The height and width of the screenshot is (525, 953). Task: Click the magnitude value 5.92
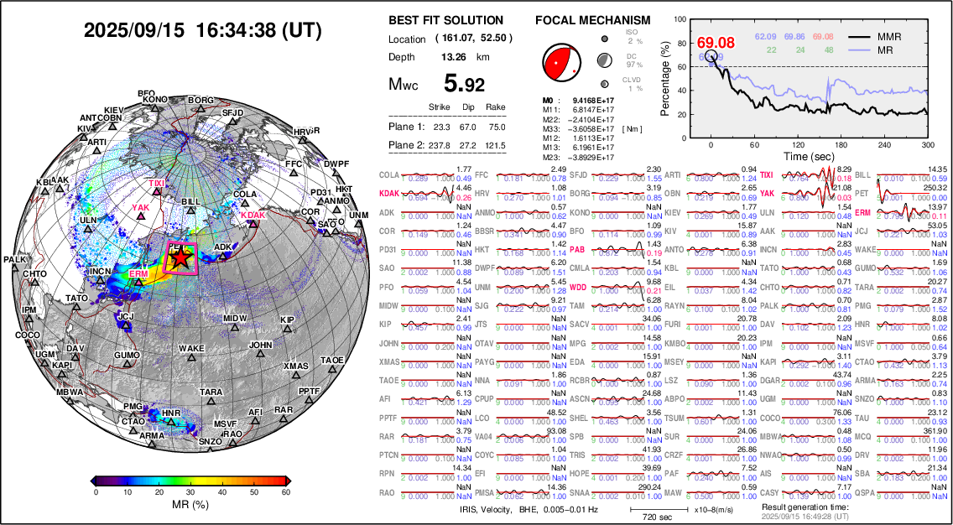point(463,84)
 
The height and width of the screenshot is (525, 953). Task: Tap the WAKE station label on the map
point(191,348)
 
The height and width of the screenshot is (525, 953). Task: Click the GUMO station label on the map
point(127,356)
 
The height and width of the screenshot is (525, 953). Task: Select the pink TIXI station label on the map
point(157,183)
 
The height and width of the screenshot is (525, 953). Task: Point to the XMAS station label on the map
point(296,366)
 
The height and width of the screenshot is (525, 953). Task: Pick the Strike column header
point(440,107)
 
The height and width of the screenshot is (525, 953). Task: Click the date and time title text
point(203,31)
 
